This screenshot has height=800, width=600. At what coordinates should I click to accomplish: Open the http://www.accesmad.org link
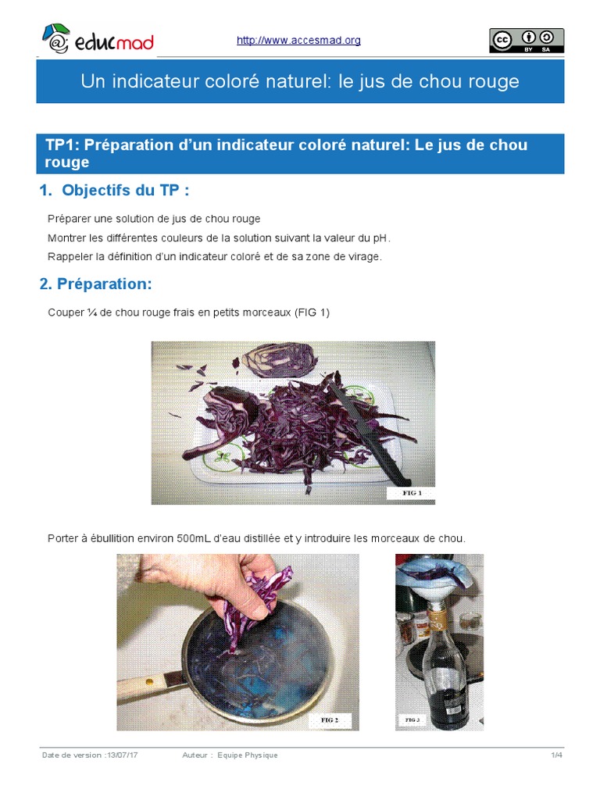pos(298,41)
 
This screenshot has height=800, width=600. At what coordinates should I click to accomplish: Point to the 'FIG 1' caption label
pos(411,493)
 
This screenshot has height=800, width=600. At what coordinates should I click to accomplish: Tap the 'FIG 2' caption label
pos(329,719)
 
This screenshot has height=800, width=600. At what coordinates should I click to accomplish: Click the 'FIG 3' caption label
pos(412,719)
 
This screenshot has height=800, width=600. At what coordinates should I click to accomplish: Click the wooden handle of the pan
pos(141,684)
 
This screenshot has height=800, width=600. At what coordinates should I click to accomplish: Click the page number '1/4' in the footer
pos(556,755)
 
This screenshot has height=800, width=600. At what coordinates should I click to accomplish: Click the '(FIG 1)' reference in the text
pos(312,312)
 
